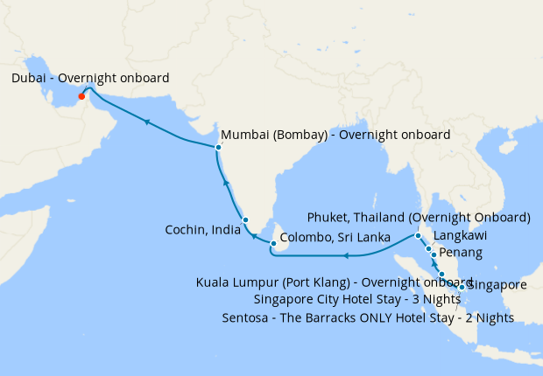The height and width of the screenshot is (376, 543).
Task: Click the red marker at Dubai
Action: tap(81, 96)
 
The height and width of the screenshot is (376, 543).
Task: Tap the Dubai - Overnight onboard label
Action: tap(91, 79)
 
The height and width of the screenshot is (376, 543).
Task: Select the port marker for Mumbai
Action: tap(218, 147)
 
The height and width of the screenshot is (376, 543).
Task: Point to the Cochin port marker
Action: tap(246, 220)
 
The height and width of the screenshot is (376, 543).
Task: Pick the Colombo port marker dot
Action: tap(273, 244)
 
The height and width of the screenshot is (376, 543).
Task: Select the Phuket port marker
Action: tap(419, 236)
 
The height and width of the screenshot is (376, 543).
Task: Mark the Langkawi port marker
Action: tap(428, 249)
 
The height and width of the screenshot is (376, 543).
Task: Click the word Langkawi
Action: tap(461, 236)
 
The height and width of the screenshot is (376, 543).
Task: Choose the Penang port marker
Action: tap(434, 254)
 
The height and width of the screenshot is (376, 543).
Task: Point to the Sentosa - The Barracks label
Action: tap(368, 317)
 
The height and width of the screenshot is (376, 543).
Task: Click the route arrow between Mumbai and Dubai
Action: tap(148, 122)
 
